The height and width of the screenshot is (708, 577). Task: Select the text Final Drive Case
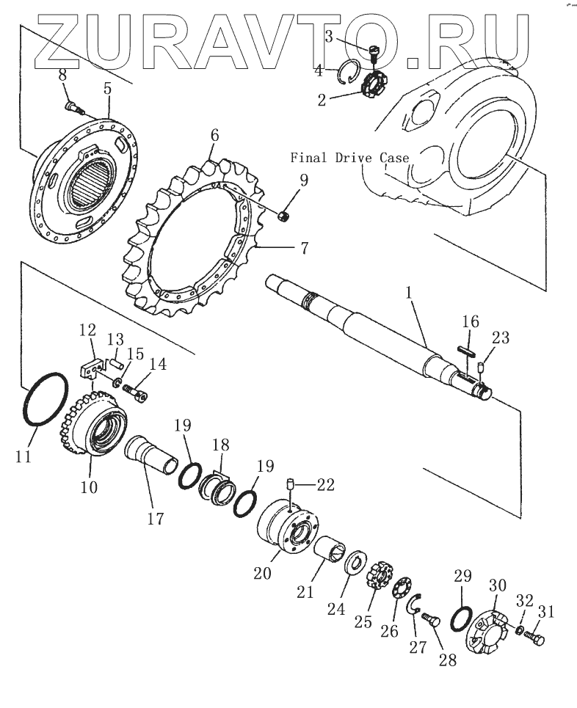[x=349, y=157]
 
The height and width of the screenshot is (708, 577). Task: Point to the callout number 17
[x=155, y=519]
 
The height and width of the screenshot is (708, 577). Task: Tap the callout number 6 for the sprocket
[x=214, y=135]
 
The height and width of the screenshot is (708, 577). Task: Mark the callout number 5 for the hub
[x=107, y=90]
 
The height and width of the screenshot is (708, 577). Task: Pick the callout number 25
[x=363, y=622]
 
